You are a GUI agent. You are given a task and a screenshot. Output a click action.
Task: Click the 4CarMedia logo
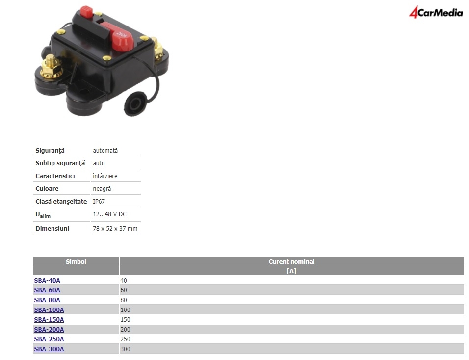pyautogui.click(x=436, y=12)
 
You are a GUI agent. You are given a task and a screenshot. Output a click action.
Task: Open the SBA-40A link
pyautogui.click(x=47, y=281)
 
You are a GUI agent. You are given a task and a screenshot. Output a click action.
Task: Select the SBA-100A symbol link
pyautogui.click(x=49, y=310)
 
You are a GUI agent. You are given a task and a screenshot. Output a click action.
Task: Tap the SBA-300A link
pyautogui.click(x=49, y=349)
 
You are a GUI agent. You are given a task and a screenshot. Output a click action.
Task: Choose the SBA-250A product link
pyautogui.click(x=49, y=339)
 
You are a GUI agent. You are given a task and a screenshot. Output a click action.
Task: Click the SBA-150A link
pyautogui.click(x=49, y=320)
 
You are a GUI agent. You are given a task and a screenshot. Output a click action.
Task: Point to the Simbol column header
pyautogui.click(x=76, y=261)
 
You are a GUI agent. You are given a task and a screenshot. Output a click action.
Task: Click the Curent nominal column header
pyautogui.click(x=291, y=261)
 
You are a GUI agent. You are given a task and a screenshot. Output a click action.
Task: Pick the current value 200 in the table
pyautogui.click(x=125, y=330)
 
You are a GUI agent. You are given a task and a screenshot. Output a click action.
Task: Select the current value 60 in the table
pyautogui.click(x=124, y=290)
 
